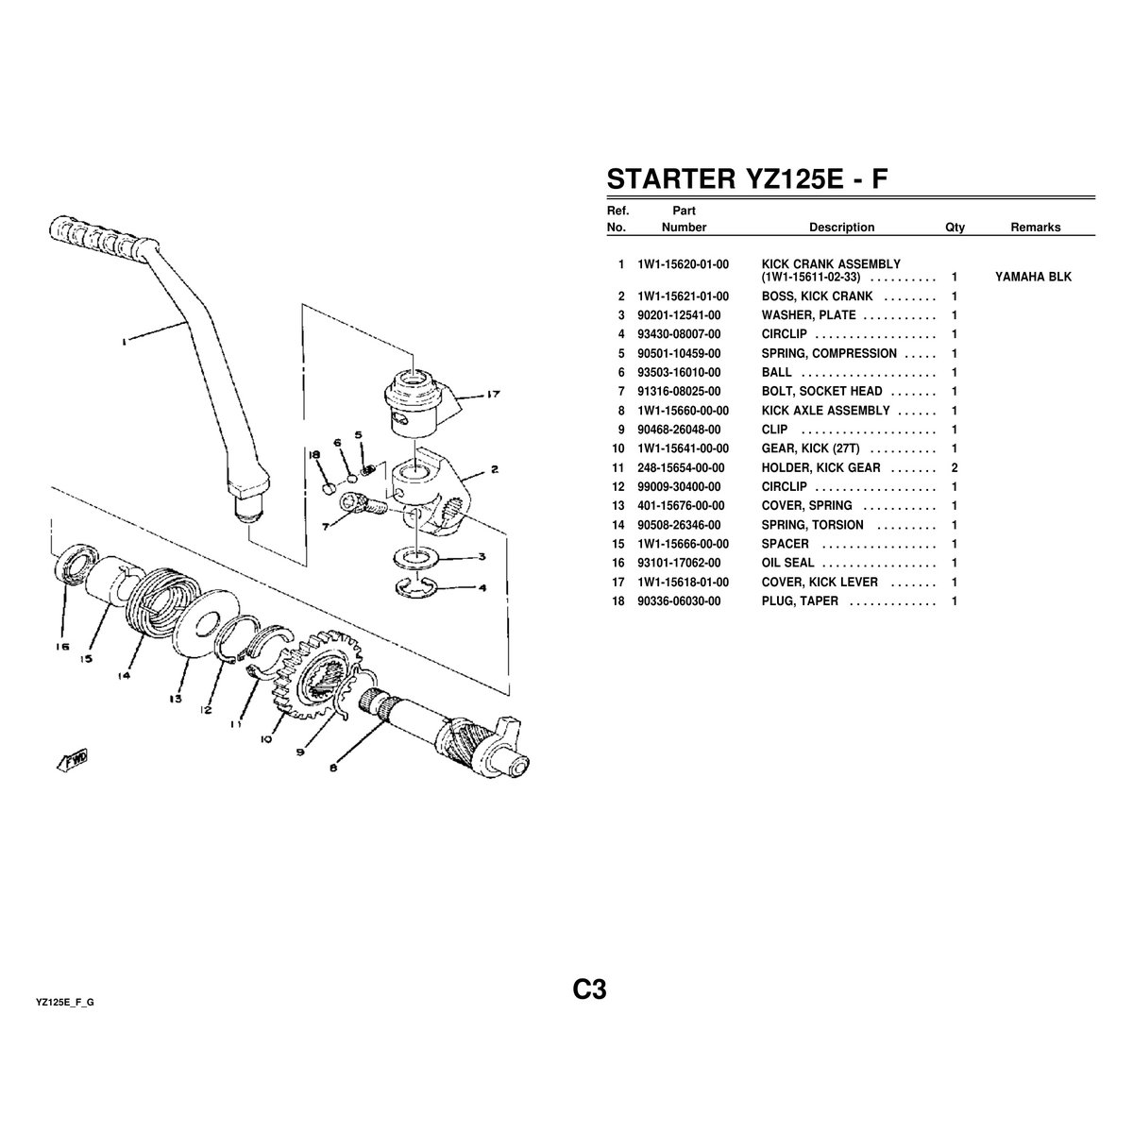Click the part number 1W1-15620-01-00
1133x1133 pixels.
[683, 264]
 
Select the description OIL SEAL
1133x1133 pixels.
[788, 563]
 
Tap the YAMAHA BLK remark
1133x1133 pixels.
[1033, 278]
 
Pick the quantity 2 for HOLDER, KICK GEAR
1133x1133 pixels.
[955, 467]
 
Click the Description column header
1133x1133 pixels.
[841, 228]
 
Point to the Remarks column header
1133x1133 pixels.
[1035, 228]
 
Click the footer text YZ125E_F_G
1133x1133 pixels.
[64, 1002]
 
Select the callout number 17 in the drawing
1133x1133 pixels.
[493, 396]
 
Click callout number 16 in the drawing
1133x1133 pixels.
[62, 648]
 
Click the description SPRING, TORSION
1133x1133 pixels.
[812, 525]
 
